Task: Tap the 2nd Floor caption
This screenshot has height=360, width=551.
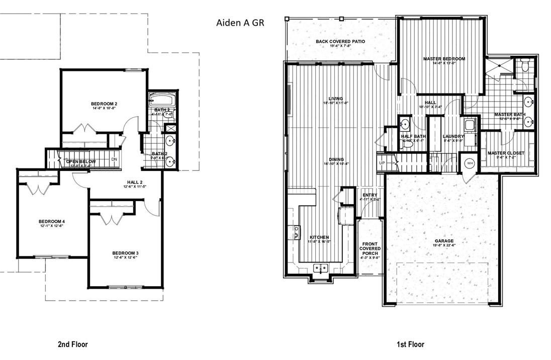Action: point(73,344)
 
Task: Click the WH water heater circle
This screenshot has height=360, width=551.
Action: point(470,163)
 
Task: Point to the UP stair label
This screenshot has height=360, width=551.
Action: point(382,163)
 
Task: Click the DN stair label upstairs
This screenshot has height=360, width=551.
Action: point(114,159)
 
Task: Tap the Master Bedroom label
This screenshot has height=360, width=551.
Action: point(444,59)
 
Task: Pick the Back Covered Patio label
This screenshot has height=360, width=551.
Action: point(340,42)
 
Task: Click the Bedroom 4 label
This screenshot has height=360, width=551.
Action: point(52,221)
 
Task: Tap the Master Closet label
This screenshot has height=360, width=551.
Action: point(506,153)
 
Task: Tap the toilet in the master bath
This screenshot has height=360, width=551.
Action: point(524,66)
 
